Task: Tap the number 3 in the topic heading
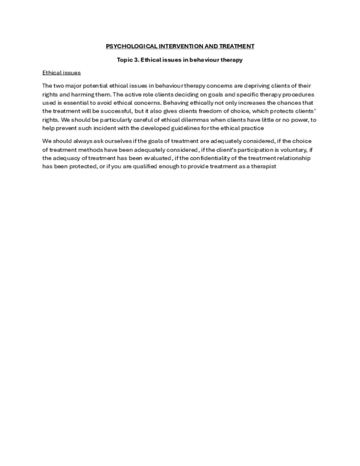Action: [x=136, y=60]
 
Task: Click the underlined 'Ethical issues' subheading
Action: [x=62, y=73]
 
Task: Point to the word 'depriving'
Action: [x=257, y=86]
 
